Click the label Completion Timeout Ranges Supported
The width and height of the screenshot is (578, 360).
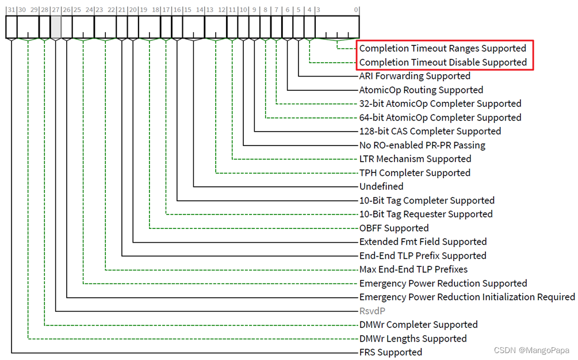[x=442, y=48]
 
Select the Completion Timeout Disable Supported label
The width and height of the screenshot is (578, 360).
[x=442, y=62]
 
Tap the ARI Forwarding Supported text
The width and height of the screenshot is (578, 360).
[x=415, y=76]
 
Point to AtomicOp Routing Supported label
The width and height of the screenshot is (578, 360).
[x=421, y=90]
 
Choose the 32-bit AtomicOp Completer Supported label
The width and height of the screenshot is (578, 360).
[x=440, y=104]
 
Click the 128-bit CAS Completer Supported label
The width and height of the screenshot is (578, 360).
[x=430, y=131]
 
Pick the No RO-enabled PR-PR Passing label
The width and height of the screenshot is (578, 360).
[x=422, y=145]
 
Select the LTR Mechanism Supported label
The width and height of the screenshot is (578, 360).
[x=415, y=159]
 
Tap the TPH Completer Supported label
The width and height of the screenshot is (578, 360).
[x=415, y=173]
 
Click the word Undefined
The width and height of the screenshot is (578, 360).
[x=381, y=186]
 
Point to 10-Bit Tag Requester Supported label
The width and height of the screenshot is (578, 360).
[x=426, y=214]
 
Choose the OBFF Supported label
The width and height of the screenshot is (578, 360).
[x=394, y=228]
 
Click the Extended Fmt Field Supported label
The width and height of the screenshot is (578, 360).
[x=423, y=242]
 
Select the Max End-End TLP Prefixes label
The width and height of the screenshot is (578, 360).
[x=413, y=269]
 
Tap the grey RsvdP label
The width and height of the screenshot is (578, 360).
[x=372, y=311]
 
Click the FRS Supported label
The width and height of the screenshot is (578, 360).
[x=391, y=352]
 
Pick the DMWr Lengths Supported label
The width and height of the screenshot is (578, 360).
[x=413, y=339]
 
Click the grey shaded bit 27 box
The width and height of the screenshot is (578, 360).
[x=56, y=27]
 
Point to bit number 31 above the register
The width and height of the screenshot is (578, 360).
[x=12, y=10]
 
